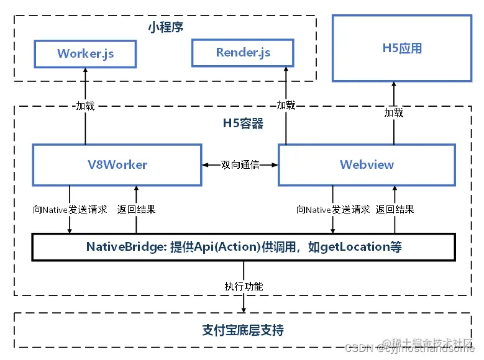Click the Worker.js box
point(86,53)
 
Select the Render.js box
point(242,53)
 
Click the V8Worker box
point(117,164)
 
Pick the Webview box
point(367,164)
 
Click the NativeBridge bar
point(244,247)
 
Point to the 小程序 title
point(165,27)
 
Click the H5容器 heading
point(243,124)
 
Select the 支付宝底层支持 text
point(243,330)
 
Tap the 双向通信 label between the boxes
point(240,165)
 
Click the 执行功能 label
point(244,286)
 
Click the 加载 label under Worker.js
point(85,106)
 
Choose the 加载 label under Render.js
point(286,106)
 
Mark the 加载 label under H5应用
point(393,112)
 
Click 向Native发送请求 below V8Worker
point(70,210)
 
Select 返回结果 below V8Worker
point(136,209)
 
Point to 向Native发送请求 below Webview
point(333,210)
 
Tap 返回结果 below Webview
point(395,209)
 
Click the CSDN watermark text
point(358,348)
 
